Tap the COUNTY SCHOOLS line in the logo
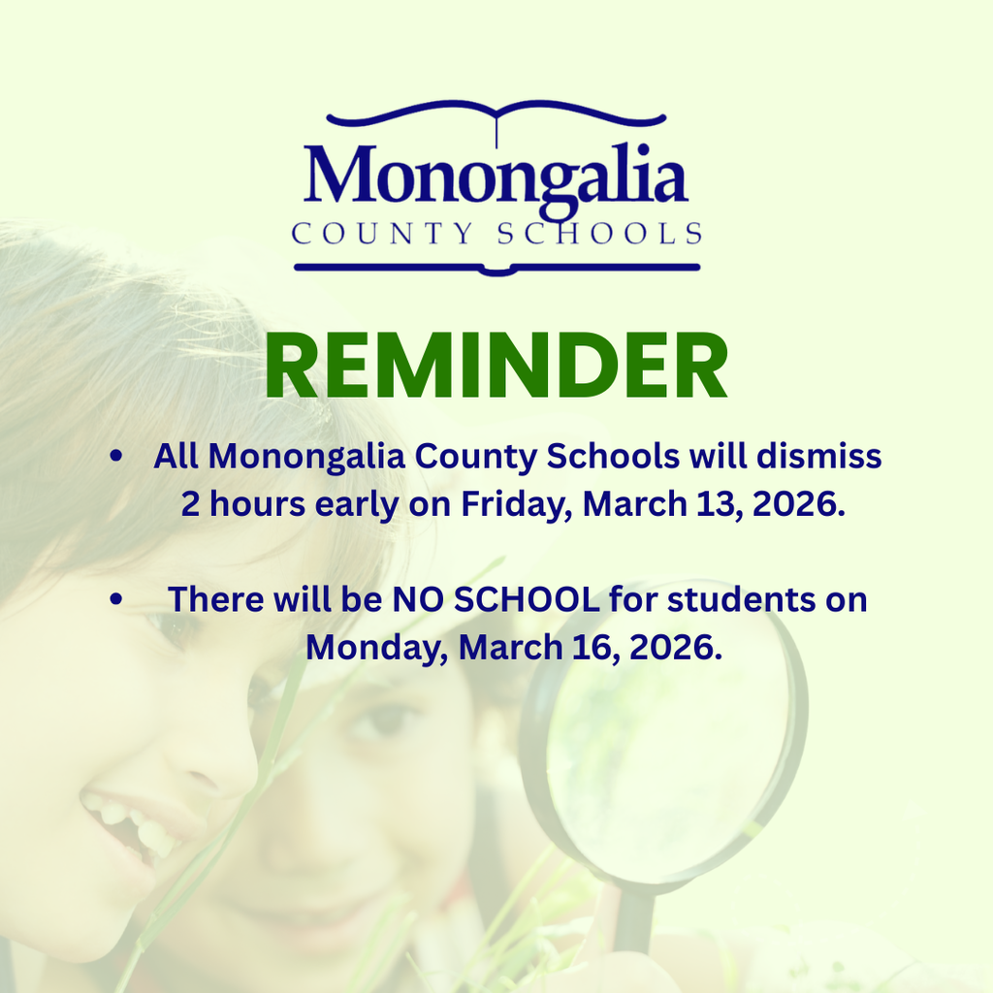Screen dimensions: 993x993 (496, 234)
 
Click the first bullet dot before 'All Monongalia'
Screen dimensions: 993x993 (116, 456)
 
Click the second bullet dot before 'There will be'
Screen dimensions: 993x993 (116, 599)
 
